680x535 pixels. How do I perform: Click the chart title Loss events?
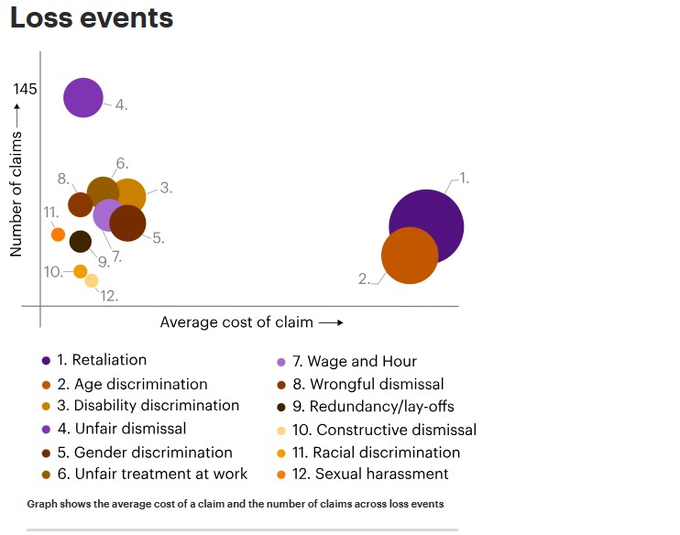(92, 18)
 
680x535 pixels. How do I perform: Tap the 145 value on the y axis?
(26, 89)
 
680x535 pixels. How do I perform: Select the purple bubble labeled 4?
(83, 97)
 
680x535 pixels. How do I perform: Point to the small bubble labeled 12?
(92, 280)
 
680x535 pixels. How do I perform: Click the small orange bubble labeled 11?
(58, 235)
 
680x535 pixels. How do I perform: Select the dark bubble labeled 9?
(81, 241)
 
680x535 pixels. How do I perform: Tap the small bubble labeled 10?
(81, 271)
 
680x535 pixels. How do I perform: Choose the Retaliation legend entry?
(108, 360)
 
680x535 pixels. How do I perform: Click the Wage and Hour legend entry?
(361, 361)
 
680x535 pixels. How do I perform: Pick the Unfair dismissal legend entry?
(129, 429)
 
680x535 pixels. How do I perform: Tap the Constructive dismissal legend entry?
(392, 430)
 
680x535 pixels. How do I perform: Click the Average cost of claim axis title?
(236, 322)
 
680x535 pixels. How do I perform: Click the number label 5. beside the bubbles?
(158, 238)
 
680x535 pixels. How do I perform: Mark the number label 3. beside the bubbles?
(166, 188)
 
